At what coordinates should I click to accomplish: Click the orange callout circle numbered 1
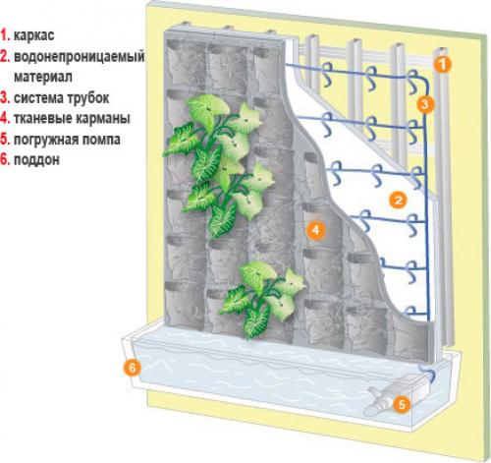(443, 64)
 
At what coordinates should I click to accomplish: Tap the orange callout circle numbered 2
(398, 199)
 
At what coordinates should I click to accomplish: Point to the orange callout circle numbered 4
(314, 231)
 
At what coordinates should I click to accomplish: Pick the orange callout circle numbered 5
(401, 402)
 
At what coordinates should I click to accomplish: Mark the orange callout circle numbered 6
(131, 368)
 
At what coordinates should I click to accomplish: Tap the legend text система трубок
(61, 98)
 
